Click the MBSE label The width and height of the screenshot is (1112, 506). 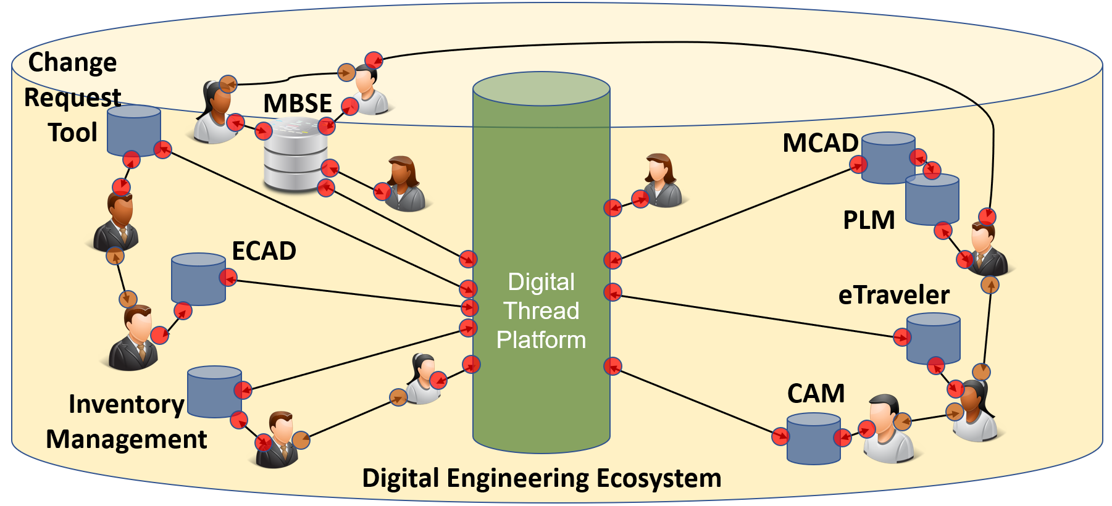pos(298,103)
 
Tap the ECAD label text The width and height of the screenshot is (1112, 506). pos(264,251)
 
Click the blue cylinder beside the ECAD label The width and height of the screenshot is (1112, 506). pos(198,279)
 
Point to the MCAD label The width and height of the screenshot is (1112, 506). pos(820,143)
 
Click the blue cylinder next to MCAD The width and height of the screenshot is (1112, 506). pos(887,157)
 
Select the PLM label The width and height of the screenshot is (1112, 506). pos(869,220)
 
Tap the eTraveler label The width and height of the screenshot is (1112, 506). pos(893,295)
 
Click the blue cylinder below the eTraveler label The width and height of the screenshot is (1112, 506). pos(933,338)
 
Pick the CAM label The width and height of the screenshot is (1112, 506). pos(816,393)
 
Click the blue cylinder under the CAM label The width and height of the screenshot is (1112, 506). pos(813,439)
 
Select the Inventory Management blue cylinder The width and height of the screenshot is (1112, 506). pos(214,392)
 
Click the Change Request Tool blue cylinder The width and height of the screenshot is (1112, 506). pos(134,130)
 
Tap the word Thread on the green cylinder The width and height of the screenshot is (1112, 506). pos(541,310)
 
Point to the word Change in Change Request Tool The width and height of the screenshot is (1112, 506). pos(73,62)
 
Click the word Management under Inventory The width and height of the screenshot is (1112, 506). pos(127,439)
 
